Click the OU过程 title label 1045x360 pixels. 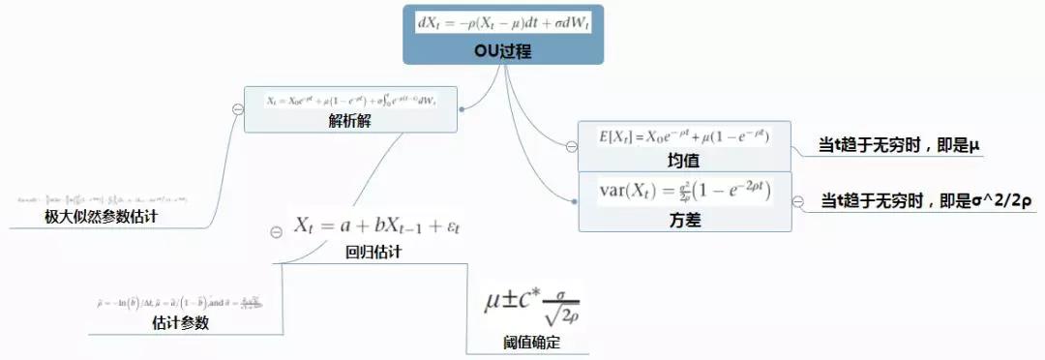(502, 51)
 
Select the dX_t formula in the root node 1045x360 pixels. (501, 21)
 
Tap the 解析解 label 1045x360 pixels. (350, 121)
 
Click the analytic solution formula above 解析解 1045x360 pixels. (351, 100)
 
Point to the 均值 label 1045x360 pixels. (683, 160)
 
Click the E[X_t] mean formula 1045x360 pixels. (684, 137)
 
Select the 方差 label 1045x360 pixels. (683, 220)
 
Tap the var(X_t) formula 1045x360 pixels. (684, 192)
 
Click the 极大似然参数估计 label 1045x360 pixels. (101, 218)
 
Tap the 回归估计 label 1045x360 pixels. (373, 253)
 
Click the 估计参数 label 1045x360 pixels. (180, 323)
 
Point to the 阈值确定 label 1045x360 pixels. (531, 343)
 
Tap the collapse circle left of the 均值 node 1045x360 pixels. (571, 146)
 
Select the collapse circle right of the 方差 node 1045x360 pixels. (798, 201)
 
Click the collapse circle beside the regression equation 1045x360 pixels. (276, 232)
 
